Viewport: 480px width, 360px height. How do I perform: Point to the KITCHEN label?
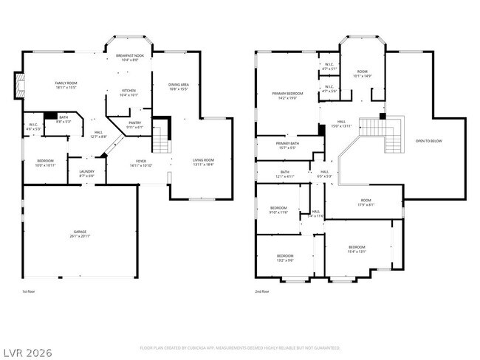tap(128, 92)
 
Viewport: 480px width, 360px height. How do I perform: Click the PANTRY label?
tap(134, 125)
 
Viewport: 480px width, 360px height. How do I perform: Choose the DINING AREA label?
tap(179, 86)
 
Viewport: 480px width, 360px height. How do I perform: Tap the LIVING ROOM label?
tap(203, 162)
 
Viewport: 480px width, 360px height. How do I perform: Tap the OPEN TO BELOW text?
tap(428, 140)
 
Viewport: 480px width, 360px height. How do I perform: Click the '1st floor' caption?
tap(29, 291)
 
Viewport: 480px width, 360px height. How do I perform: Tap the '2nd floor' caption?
tap(261, 291)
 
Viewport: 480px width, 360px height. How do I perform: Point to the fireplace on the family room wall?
tap(18, 86)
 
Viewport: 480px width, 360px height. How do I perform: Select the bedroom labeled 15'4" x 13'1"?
tap(357, 249)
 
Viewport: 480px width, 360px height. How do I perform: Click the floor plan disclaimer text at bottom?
tap(240, 347)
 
